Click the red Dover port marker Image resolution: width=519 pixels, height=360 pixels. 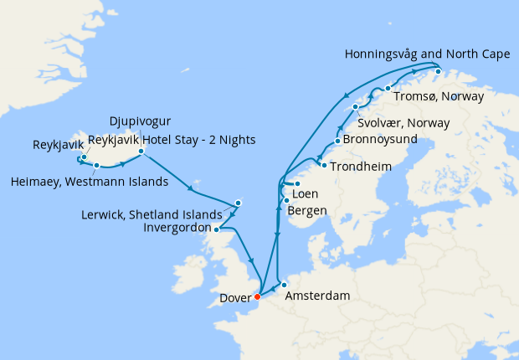point(258,296)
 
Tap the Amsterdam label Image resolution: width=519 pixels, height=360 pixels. point(316,296)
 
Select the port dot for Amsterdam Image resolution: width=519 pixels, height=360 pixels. point(284,285)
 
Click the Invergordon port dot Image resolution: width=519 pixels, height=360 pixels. point(216,229)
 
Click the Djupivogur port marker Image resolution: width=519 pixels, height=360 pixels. point(141,152)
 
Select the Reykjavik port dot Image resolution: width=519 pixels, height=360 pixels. point(84,157)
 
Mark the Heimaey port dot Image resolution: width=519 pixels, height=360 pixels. point(98,166)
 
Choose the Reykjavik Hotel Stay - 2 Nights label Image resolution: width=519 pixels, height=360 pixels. point(172,139)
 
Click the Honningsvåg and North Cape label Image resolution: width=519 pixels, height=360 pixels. point(426,55)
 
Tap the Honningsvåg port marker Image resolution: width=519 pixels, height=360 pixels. point(438,72)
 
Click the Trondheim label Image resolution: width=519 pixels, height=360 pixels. point(361,167)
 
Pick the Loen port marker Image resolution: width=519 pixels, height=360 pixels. point(297,183)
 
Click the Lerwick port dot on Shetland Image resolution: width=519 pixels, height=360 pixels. point(238,203)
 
